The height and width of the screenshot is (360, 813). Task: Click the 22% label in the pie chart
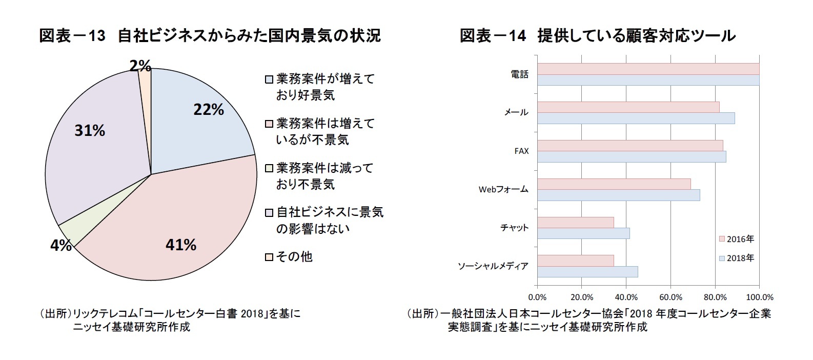[x=208, y=110]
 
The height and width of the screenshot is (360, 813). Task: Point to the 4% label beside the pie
[x=60, y=246]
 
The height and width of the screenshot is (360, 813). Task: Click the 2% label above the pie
[x=140, y=66]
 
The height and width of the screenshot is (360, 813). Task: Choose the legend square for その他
[x=269, y=257]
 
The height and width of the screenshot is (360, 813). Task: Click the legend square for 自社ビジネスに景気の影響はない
[x=269, y=212]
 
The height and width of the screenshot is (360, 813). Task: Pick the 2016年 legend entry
[x=736, y=239]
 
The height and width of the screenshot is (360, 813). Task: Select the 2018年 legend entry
[x=736, y=258]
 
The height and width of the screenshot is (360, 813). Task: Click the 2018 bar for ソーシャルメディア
[x=587, y=272]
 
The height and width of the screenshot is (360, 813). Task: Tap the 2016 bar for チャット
[x=575, y=222]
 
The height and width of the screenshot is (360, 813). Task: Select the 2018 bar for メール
[x=636, y=118]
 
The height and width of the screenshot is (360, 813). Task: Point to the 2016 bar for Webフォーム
[x=614, y=184]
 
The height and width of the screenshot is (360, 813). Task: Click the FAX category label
[x=521, y=151]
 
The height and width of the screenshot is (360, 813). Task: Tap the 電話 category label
[x=519, y=74]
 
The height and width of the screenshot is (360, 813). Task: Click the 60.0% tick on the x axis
[x=670, y=297]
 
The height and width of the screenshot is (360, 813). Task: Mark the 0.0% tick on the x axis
[x=537, y=297]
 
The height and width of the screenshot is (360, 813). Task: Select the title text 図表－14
[x=493, y=35]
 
